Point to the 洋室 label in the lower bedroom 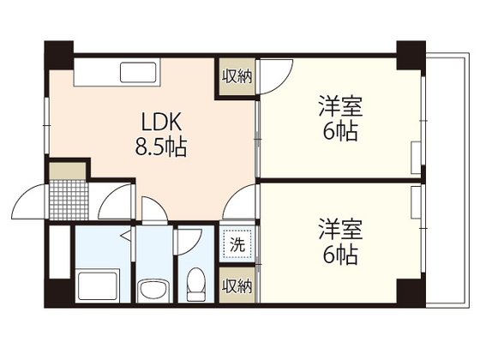(x=340, y=230)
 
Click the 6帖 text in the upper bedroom (x=340, y=133)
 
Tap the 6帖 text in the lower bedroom (x=340, y=255)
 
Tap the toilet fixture (x=196, y=281)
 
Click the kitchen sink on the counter (x=137, y=72)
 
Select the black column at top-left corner (x=58, y=57)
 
